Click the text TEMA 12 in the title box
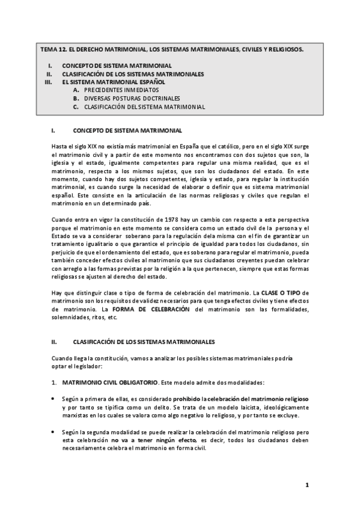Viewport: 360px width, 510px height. pos(53,50)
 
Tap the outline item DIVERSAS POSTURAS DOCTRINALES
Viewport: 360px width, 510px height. pos(132,99)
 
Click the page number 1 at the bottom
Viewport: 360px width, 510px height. pos(307,485)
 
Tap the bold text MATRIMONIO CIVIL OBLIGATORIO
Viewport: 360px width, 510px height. pos(110,382)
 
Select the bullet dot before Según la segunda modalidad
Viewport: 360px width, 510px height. pos(53,432)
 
